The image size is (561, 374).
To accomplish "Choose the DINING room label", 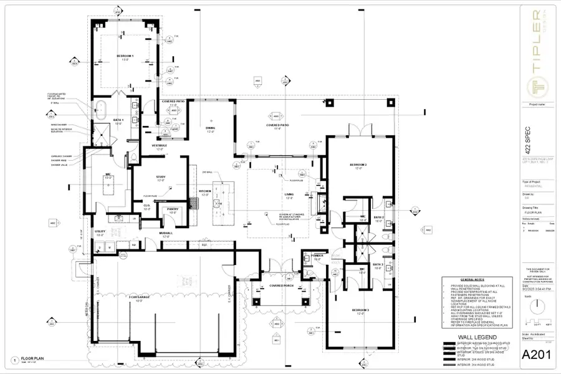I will point(210,128).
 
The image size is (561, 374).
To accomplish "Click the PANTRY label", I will point(173,209).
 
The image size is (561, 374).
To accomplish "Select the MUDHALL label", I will point(166,234).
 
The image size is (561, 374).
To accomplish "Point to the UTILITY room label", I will point(100,232).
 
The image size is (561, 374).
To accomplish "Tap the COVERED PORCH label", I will point(282,285).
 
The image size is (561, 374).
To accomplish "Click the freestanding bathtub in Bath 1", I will point(98,108).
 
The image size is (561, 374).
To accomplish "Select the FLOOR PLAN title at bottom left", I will point(32,360).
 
